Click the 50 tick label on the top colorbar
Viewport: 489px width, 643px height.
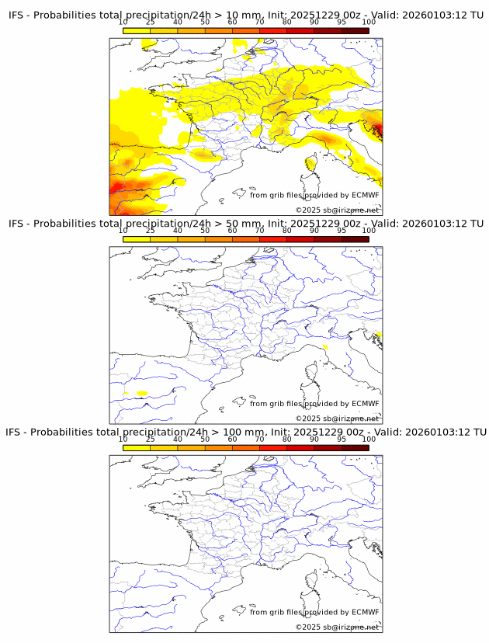pyautogui.click(x=205, y=23)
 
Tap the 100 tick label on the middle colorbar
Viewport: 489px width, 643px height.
pyautogui.click(x=369, y=231)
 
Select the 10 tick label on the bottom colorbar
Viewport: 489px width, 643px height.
pyautogui.click(x=123, y=439)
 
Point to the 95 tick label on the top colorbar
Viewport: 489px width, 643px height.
pyautogui.click(x=342, y=23)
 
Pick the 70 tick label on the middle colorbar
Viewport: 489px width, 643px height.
pyautogui.click(x=259, y=231)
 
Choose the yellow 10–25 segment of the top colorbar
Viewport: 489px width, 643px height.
pyautogui.click(x=137, y=30)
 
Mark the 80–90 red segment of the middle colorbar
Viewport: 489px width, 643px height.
pyautogui.click(x=300, y=239)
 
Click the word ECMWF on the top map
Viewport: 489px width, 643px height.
pyautogui.click(x=365, y=195)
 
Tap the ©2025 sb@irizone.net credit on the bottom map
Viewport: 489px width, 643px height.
pyautogui.click(x=337, y=627)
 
